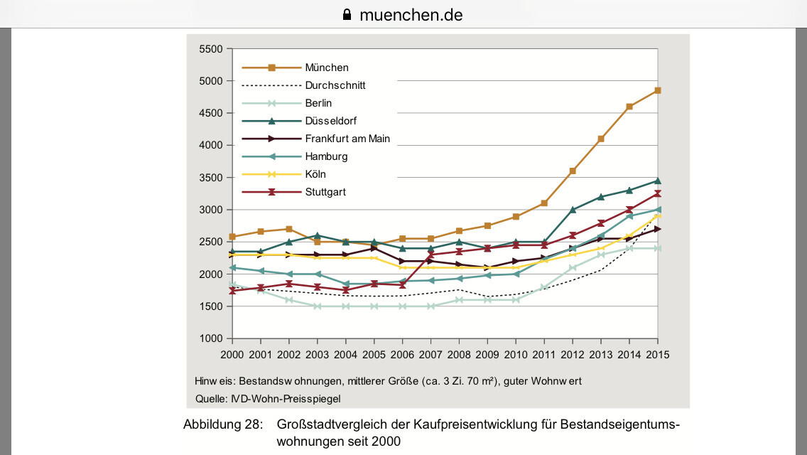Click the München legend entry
click(327, 68)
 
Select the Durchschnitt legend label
click(335, 85)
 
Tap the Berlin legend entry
click(318, 103)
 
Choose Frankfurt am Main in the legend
click(347, 139)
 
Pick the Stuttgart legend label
click(325, 192)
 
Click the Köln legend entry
click(315, 174)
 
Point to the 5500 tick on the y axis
click(211, 49)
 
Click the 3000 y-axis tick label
click(211, 210)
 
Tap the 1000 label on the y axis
click(211, 338)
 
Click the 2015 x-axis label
click(658, 354)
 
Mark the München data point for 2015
click(658, 90)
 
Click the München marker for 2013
click(601, 139)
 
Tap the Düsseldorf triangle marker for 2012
click(573, 210)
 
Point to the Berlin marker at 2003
click(318, 306)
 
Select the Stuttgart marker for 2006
click(403, 285)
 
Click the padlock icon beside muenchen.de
click(347, 14)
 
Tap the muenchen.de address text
click(411, 14)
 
